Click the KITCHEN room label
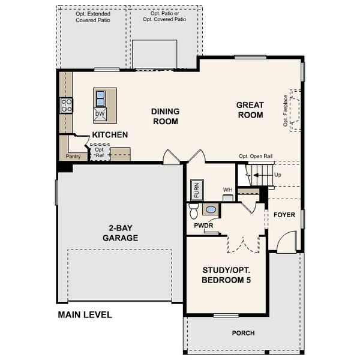109,136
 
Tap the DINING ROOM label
164,116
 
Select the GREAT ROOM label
250,110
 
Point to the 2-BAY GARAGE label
123,233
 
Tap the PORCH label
243,333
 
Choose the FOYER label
284,215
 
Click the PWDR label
203,226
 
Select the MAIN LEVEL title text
85,314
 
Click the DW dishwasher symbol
100,113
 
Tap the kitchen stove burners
66,106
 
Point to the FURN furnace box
196,190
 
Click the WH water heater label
227,190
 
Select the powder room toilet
194,211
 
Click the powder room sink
211,209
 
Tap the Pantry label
73,157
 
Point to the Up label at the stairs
277,175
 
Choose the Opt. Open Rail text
256,156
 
